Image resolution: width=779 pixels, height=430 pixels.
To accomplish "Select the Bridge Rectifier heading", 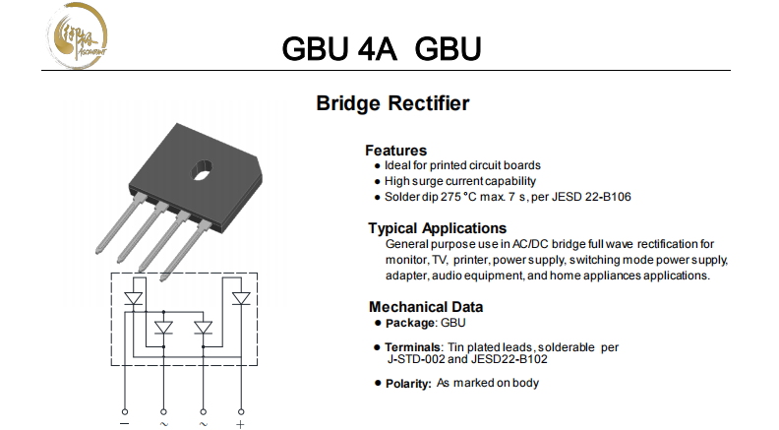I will click(392, 103).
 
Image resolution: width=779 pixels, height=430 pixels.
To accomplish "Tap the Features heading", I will click(395, 151).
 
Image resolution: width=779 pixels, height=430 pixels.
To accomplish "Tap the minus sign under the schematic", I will click(125, 424).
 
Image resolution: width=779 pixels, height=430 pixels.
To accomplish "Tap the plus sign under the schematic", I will click(241, 424).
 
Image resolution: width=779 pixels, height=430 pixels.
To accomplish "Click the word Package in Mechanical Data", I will click(408, 323).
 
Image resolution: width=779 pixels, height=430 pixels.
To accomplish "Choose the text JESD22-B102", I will click(511, 359).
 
